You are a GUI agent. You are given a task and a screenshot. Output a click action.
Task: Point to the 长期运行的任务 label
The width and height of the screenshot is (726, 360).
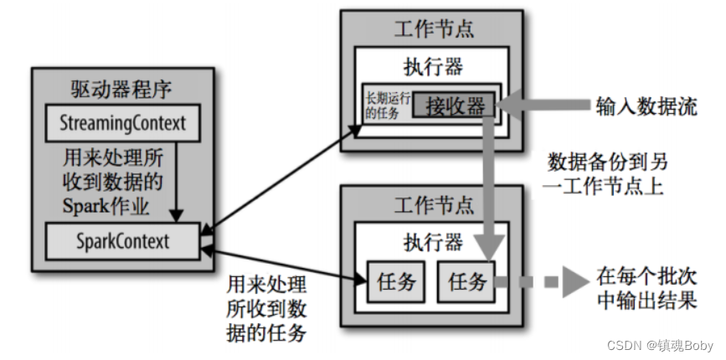click(386, 105)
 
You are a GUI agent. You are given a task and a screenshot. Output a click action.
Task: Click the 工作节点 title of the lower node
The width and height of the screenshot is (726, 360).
click(432, 203)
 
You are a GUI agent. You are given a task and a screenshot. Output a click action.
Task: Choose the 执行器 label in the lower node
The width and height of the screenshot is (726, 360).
click(432, 242)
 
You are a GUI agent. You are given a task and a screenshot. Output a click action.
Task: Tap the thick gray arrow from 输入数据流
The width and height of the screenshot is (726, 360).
click(544, 106)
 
